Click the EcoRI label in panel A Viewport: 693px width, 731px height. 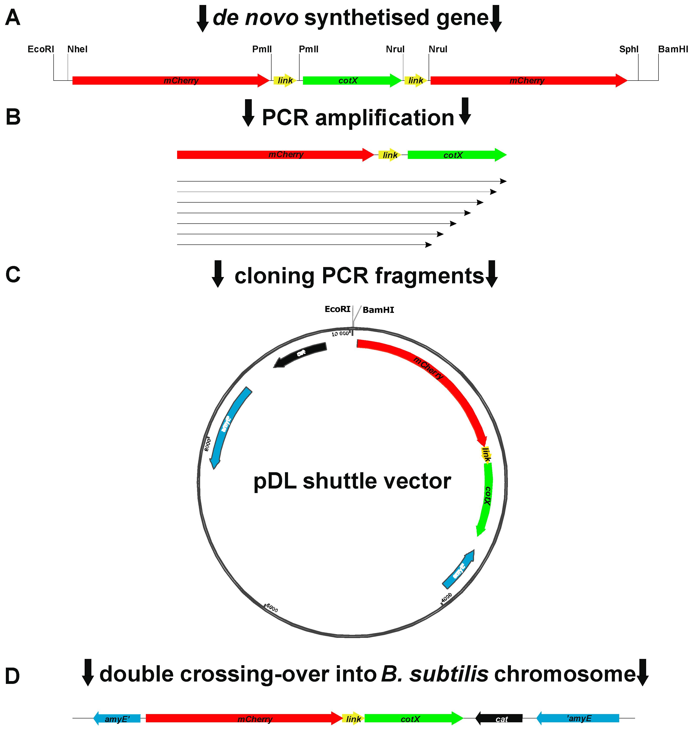pyautogui.click(x=41, y=49)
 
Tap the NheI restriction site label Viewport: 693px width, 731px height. pyautogui.click(x=77, y=49)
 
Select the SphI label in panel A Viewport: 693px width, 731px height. pyautogui.click(x=629, y=49)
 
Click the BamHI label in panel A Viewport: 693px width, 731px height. pyautogui.click(x=673, y=49)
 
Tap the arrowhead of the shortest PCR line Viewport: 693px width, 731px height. pyautogui.click(x=428, y=245)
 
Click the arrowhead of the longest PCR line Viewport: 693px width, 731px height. pyautogui.click(x=503, y=181)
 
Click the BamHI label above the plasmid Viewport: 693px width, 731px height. pyautogui.click(x=378, y=310)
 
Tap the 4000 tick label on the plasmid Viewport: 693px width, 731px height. pyautogui.click(x=447, y=597)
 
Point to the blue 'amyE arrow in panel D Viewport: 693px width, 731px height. pyautogui.click(x=578, y=718)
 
